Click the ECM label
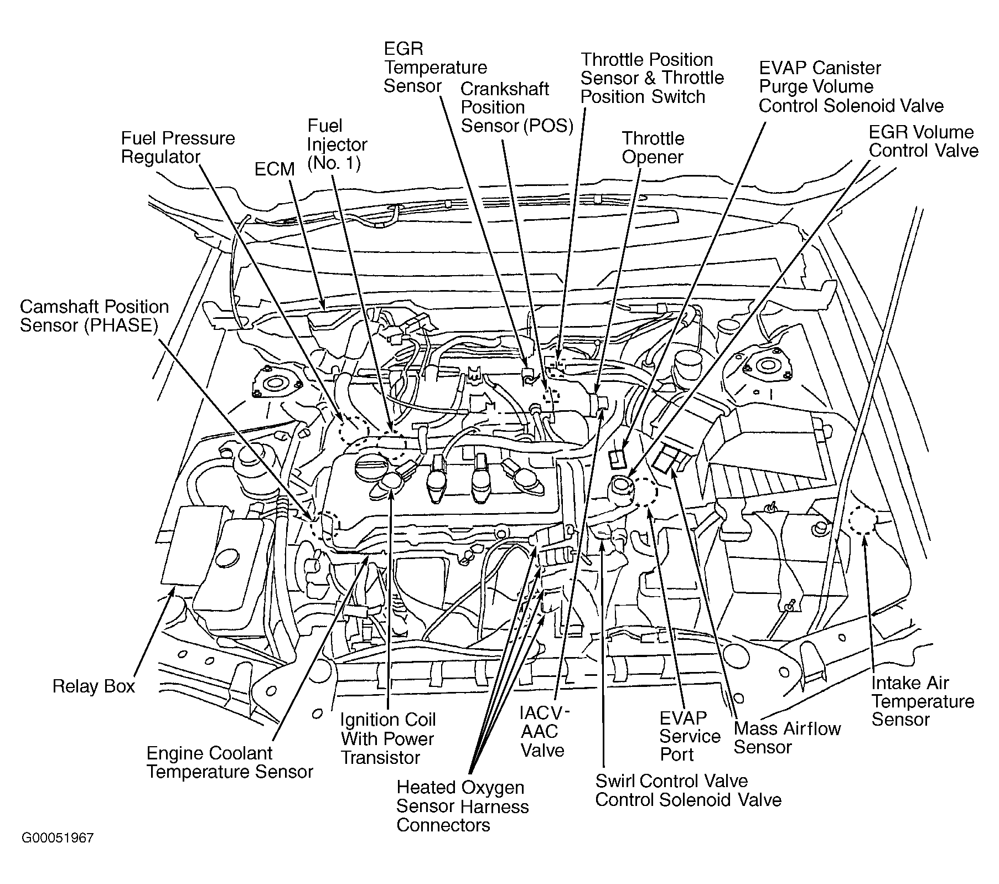pyautogui.click(x=275, y=169)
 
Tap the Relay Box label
pyautogui.click(x=94, y=686)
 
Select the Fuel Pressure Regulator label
pyautogui.click(x=178, y=147)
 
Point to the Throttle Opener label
pyautogui.click(x=653, y=147)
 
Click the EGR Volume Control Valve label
pyautogui.click(x=924, y=141)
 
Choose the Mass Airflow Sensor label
pyautogui.click(x=787, y=738)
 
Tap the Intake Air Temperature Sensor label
pyautogui.click(x=923, y=701)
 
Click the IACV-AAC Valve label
pyautogui.click(x=545, y=732)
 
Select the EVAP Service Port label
pyautogui.click(x=690, y=736)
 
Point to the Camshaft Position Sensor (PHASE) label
pyautogui.click(x=94, y=316)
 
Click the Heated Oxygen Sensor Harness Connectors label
pyautogui.click(x=463, y=807)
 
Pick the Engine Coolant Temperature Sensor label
pyautogui.click(x=230, y=762)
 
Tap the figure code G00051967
pyautogui.click(x=58, y=838)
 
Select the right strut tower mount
pyautogui.click(x=765, y=366)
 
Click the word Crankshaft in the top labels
pyautogui.click(x=505, y=89)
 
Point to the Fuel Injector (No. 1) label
pyautogui.click(x=337, y=144)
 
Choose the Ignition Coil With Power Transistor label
pyautogui.click(x=388, y=738)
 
